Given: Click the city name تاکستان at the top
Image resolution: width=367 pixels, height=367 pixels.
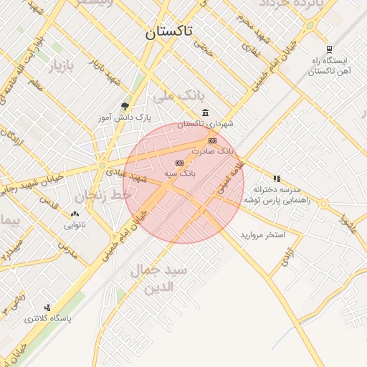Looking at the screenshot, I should (174, 32).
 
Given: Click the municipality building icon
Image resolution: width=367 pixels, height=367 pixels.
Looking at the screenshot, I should (206, 113).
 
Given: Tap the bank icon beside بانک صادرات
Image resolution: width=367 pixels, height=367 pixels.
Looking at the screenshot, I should (212, 140).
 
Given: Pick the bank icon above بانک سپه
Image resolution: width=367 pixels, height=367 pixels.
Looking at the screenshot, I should (179, 163).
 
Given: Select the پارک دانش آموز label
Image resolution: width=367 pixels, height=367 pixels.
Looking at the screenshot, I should (125, 115).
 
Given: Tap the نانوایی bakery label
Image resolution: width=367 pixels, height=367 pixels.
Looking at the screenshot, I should (75, 224).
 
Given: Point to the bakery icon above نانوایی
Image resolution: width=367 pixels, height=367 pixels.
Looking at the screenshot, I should (75, 214).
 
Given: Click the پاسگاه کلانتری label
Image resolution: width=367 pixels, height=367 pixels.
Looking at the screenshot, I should (48, 318).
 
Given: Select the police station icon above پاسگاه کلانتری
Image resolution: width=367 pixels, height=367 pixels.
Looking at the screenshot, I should (47, 308).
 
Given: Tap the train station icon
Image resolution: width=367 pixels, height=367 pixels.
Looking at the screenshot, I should (329, 49).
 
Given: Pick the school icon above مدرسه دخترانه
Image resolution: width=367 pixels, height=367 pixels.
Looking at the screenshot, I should (277, 178).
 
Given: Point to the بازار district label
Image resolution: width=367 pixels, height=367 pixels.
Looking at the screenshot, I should (60, 67).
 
